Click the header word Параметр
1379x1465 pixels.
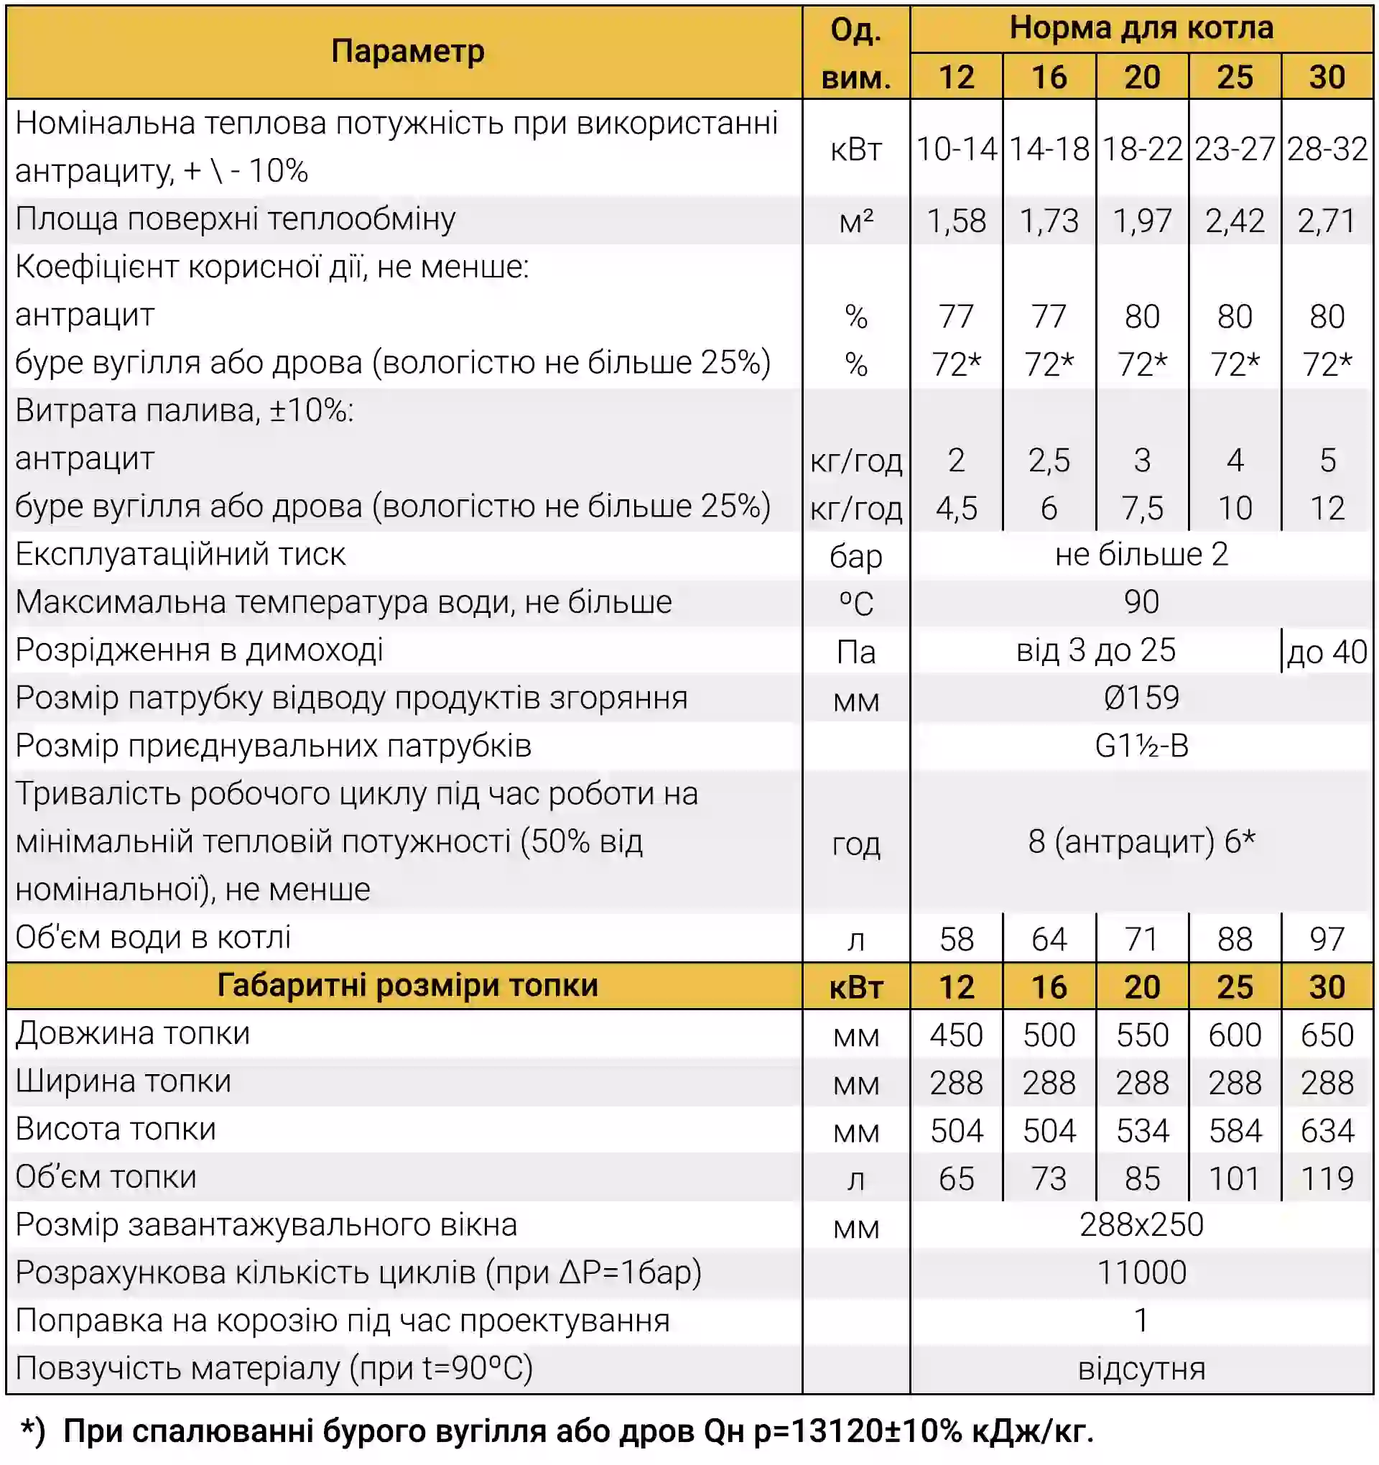(x=407, y=52)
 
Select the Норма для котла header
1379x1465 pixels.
(x=1141, y=28)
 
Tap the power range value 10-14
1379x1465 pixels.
(x=955, y=149)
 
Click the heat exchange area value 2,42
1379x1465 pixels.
(x=1234, y=221)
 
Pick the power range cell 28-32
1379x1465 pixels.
(x=1327, y=149)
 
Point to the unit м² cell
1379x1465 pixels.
(x=855, y=221)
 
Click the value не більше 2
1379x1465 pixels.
(x=1141, y=554)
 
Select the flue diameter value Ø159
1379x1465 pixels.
(x=1141, y=698)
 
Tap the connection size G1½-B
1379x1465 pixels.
(x=1141, y=746)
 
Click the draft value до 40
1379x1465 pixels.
(x=1327, y=652)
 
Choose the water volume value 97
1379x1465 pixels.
(x=1327, y=939)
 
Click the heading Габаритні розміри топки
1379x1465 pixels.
(x=407, y=986)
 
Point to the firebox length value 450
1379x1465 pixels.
(x=955, y=1035)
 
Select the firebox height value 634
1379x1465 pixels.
(x=1327, y=1130)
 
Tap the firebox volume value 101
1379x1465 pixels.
(x=1234, y=1178)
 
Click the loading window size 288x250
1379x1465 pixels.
(x=1141, y=1225)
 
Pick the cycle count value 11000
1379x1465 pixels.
(x=1141, y=1272)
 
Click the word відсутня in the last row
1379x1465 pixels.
(x=1141, y=1369)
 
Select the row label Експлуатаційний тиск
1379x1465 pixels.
(x=180, y=554)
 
